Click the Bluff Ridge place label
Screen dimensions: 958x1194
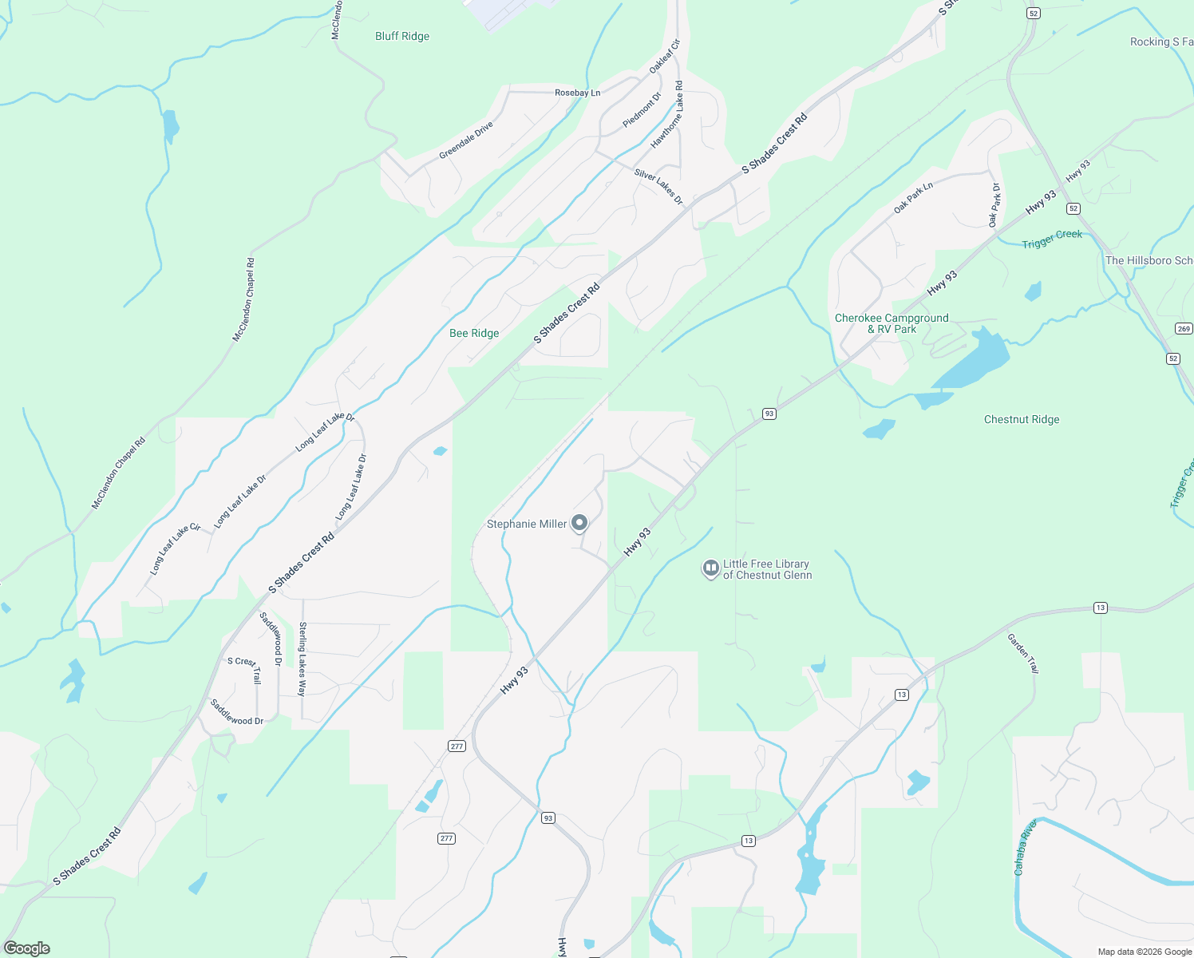tap(402, 37)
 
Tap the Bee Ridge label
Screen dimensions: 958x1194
tap(474, 334)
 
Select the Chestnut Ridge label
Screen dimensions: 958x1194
tap(1022, 420)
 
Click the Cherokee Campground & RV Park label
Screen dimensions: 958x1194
tap(892, 323)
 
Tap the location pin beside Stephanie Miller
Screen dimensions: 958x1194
tap(580, 524)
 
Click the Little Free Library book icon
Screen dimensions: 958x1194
tap(710, 568)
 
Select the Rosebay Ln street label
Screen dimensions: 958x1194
tap(577, 93)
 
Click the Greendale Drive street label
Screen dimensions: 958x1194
tap(466, 141)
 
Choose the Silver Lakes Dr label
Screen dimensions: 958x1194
tap(658, 187)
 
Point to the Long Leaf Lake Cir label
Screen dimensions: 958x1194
tap(176, 549)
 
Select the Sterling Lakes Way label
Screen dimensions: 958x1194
tap(302, 659)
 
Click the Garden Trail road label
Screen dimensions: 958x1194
tap(1022, 654)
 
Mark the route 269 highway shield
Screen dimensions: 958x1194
tap(1183, 329)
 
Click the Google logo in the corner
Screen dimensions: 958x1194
tap(27, 948)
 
